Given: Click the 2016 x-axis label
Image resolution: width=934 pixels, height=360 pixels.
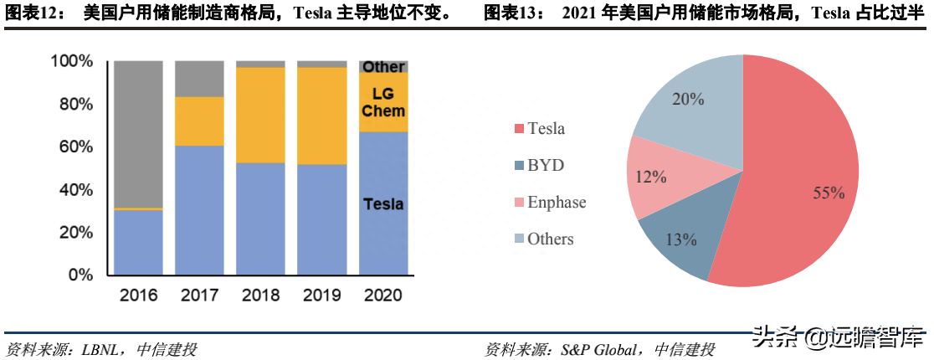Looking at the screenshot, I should (139, 295).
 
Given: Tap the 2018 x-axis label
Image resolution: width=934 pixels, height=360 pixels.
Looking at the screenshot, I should (261, 295).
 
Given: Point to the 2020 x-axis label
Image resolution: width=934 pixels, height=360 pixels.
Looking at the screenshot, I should (383, 295).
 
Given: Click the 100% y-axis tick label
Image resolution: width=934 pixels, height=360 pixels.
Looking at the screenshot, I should (72, 61).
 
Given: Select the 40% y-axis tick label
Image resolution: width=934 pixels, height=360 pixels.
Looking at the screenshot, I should (76, 190).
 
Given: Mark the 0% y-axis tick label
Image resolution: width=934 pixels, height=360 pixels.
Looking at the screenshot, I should (80, 275).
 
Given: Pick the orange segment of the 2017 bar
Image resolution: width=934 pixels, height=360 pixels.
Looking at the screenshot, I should (200, 121).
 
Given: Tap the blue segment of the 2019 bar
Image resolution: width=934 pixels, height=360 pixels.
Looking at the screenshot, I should (322, 219).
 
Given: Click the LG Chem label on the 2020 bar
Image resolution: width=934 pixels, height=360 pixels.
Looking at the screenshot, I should (384, 103).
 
